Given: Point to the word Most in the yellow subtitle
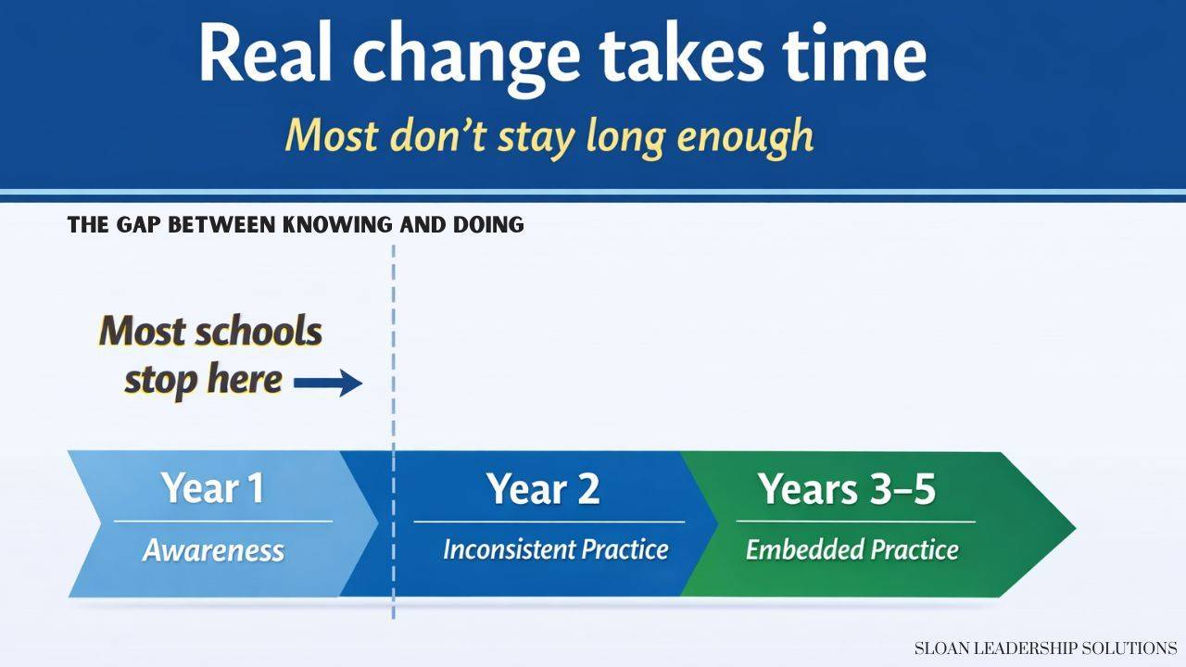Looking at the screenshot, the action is click(332, 135).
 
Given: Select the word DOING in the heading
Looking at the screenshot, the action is click(488, 225).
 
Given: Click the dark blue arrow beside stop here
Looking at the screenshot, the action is click(328, 383).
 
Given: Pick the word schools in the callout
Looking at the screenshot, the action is click(259, 332).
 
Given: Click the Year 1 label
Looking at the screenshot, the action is click(213, 487).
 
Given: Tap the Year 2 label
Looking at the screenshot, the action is click(543, 488).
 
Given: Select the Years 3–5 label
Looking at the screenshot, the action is click(847, 488).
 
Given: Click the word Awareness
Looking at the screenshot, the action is click(213, 550).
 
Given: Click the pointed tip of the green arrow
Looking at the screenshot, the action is click(1075, 527).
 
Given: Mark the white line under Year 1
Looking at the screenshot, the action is click(223, 522).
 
